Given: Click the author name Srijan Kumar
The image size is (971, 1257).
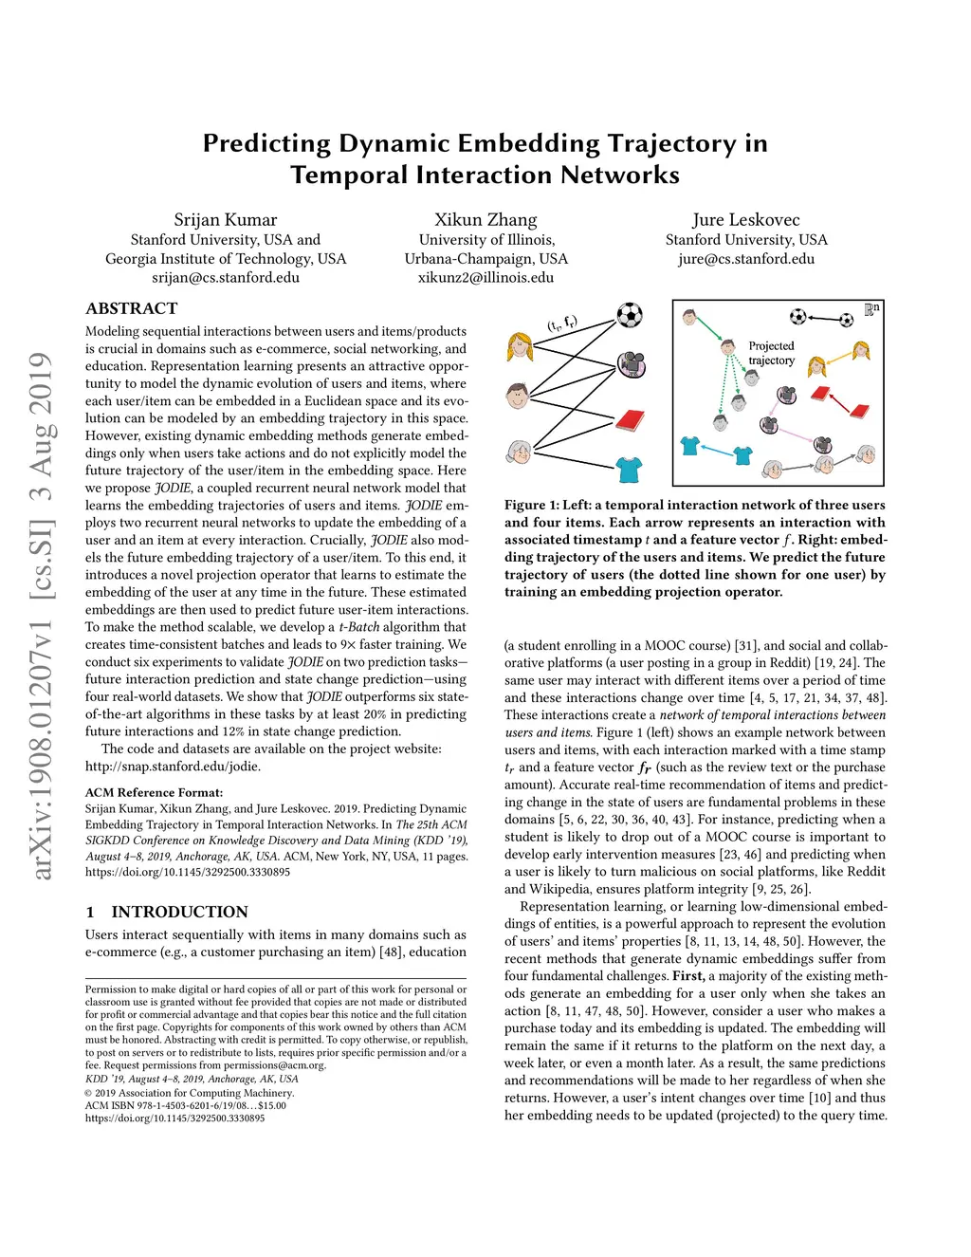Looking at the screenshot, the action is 226,220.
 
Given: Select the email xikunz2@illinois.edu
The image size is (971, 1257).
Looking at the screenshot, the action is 485,278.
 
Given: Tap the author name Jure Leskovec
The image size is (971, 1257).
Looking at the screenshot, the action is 746,220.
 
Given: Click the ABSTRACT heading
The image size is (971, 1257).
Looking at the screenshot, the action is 132,308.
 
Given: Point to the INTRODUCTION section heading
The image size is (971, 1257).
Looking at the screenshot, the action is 180,912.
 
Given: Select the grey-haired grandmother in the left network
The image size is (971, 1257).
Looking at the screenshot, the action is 519,452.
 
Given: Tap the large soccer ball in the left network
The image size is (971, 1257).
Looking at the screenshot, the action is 630,315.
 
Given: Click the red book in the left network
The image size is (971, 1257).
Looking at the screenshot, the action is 630,420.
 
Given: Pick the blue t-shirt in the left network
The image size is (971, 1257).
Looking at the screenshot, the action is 629,470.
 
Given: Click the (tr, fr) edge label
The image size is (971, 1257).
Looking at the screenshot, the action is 562,323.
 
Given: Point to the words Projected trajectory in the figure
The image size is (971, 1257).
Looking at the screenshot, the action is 772,353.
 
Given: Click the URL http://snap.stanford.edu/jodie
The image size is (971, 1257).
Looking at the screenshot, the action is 173,767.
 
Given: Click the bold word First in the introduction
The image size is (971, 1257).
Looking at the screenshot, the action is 688,976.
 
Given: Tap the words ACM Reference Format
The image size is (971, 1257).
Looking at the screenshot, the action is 154,792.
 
